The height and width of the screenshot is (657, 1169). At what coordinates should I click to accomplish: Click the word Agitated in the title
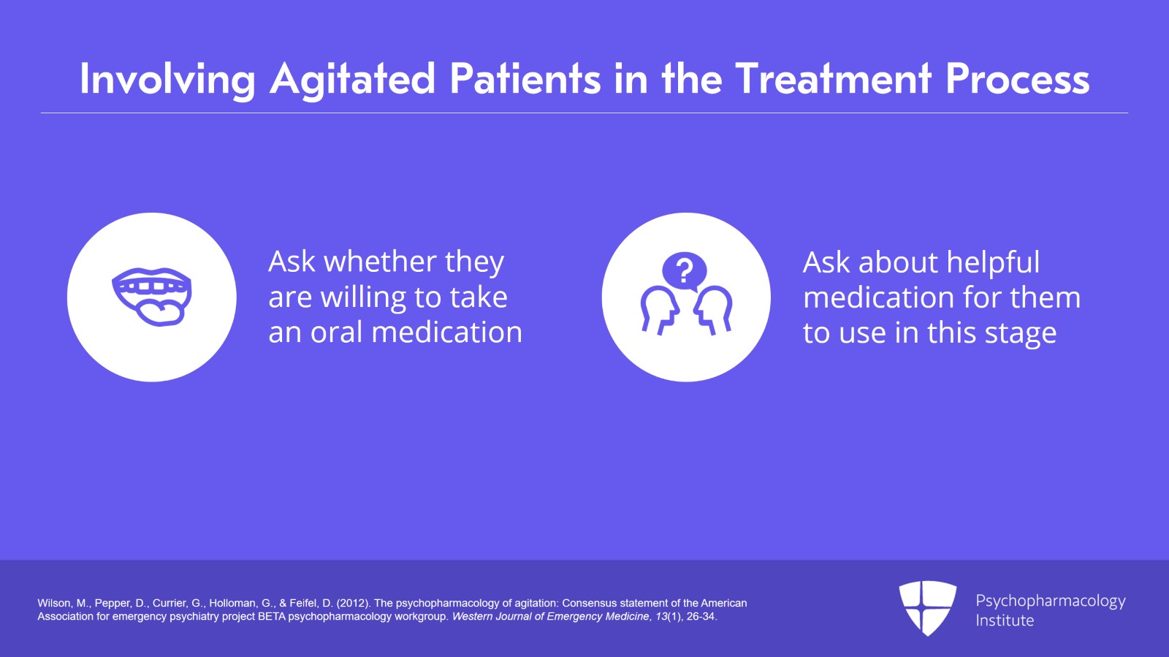tap(352, 80)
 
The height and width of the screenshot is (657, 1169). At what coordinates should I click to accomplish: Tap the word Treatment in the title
tap(833, 79)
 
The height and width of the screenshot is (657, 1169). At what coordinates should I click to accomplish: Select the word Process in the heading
tap(1018, 80)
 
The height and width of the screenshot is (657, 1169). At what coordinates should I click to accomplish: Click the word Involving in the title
tap(167, 80)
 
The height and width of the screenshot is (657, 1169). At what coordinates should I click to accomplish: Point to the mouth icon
tap(152, 297)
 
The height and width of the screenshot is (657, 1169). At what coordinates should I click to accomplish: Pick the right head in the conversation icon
tap(713, 310)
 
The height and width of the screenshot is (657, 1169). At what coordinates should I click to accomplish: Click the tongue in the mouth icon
tap(160, 313)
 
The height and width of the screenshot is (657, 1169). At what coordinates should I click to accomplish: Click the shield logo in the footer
tap(927, 607)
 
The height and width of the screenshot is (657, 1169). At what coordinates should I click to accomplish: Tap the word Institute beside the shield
tap(1005, 620)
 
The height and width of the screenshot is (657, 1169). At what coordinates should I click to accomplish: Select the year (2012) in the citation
tap(354, 603)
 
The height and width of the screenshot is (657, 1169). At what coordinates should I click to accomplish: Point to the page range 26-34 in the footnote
tap(701, 616)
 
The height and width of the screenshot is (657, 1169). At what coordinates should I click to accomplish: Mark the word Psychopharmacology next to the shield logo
tap(1051, 601)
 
